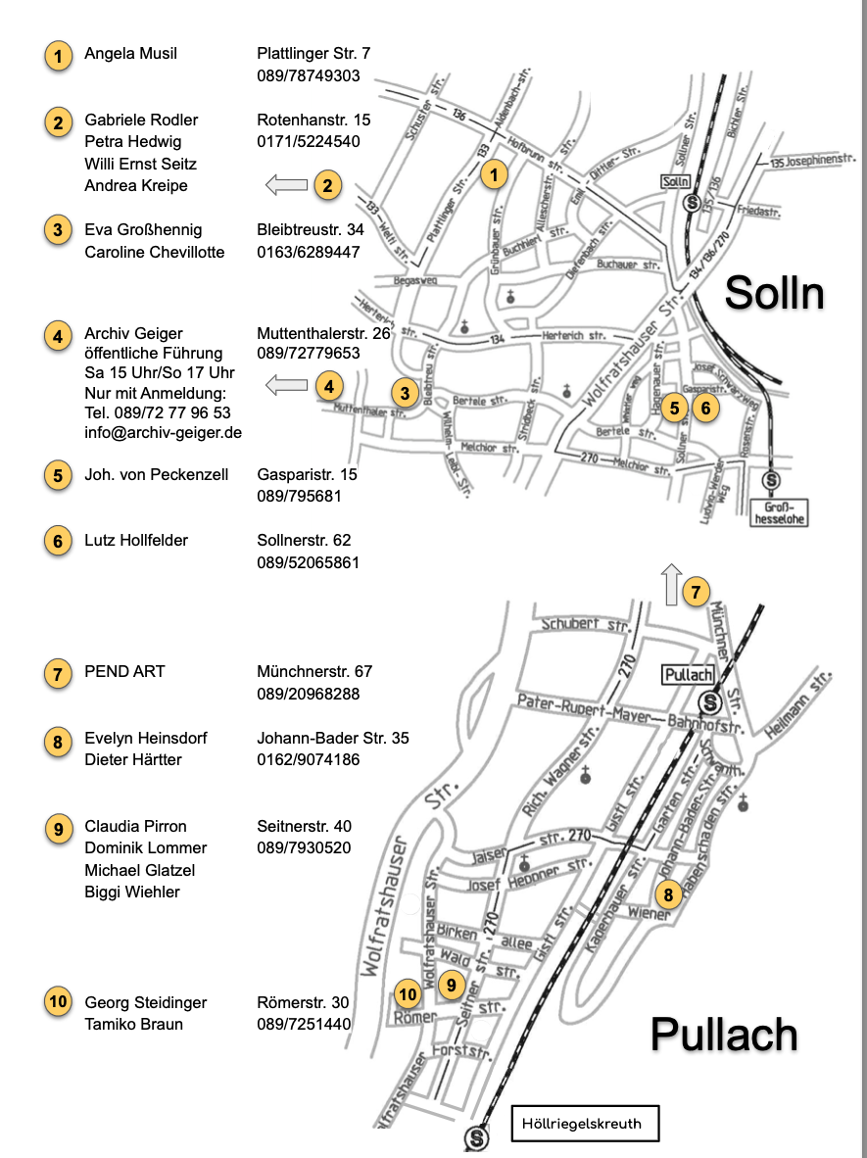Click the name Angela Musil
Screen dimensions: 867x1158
(x=130, y=54)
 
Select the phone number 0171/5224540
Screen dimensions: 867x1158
(x=308, y=141)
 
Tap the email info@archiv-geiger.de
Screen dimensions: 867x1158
(x=163, y=432)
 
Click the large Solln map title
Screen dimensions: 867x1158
(x=774, y=292)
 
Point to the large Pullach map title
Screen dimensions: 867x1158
(x=724, y=1034)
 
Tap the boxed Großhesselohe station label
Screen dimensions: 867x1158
(x=780, y=512)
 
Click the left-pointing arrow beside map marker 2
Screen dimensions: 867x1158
(x=286, y=184)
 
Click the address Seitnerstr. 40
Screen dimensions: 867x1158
(x=304, y=826)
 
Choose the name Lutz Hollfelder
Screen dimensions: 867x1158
(x=136, y=540)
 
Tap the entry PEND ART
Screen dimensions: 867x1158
(x=124, y=671)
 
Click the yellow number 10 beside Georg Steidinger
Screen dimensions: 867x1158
(x=58, y=1001)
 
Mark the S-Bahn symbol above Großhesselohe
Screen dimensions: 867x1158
(x=771, y=480)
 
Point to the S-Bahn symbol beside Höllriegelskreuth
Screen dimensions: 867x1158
(x=477, y=1138)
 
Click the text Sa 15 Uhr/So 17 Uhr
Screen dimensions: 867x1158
(x=160, y=373)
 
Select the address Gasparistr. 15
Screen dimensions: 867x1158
(x=307, y=474)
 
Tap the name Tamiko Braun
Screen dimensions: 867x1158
(x=133, y=1024)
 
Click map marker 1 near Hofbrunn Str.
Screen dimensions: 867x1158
(x=495, y=175)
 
